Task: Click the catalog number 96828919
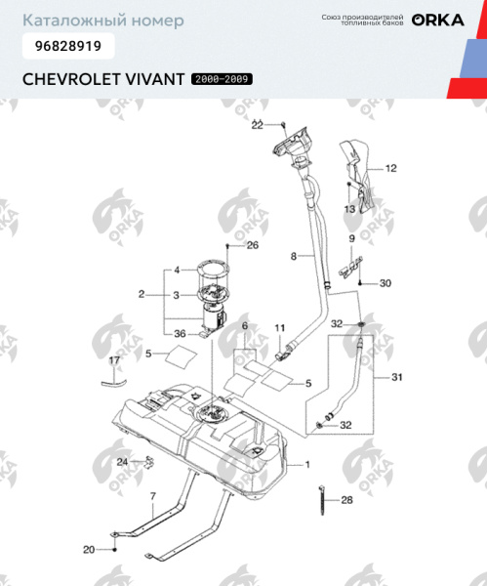(x=67, y=45)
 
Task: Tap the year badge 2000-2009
(x=222, y=78)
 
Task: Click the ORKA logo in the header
(x=437, y=20)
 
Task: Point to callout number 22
(x=258, y=125)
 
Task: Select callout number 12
(x=390, y=168)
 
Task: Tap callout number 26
(x=253, y=245)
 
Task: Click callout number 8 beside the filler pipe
(x=292, y=256)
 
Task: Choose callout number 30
(x=385, y=283)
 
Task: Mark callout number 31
(x=395, y=377)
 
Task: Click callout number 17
(x=113, y=361)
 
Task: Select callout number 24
(x=122, y=462)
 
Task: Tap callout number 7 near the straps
(x=152, y=498)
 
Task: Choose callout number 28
(x=346, y=501)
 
